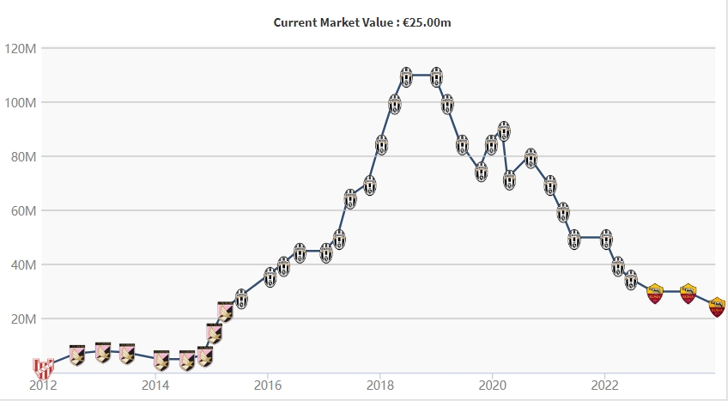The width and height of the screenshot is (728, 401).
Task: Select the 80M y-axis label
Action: click(x=21, y=156)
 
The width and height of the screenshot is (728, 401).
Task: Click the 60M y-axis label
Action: click(x=21, y=210)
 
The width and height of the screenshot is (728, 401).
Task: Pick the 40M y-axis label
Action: click(x=21, y=264)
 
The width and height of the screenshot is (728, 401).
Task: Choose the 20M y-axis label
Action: click(x=21, y=319)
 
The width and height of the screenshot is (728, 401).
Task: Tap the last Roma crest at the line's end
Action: click(x=718, y=306)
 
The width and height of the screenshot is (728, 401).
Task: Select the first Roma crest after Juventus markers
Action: click(x=656, y=292)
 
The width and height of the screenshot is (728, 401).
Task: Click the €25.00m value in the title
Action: click(x=426, y=22)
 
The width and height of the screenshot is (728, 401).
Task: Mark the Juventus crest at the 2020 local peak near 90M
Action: click(x=504, y=131)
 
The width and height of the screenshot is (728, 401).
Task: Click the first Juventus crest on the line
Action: click(x=241, y=298)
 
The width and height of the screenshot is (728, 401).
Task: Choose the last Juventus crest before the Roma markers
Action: click(x=631, y=279)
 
